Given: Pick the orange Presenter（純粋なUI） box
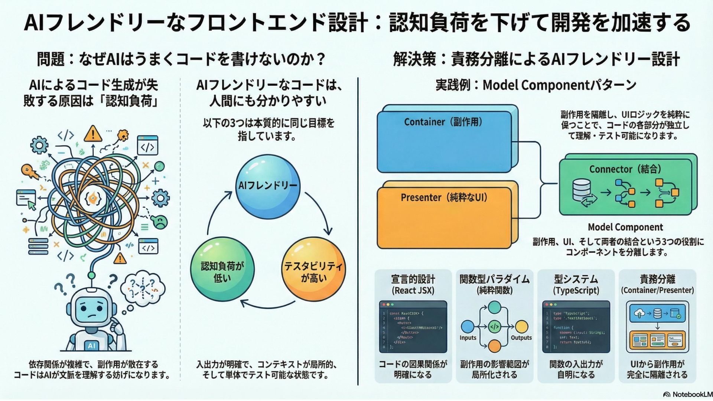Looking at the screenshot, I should coord(444,218).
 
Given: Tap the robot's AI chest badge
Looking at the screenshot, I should coord(91,346).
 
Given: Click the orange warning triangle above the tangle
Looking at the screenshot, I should coord(93,134).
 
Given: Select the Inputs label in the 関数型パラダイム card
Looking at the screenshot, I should coord(468,338).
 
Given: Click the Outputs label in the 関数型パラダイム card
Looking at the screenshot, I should coord(521,338).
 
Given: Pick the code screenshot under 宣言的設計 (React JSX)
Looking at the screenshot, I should coord(413,327).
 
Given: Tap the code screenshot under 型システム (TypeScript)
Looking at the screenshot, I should coord(576,327).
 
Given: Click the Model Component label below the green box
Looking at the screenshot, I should coord(625,227).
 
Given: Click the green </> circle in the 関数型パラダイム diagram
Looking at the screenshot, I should coord(494,327).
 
